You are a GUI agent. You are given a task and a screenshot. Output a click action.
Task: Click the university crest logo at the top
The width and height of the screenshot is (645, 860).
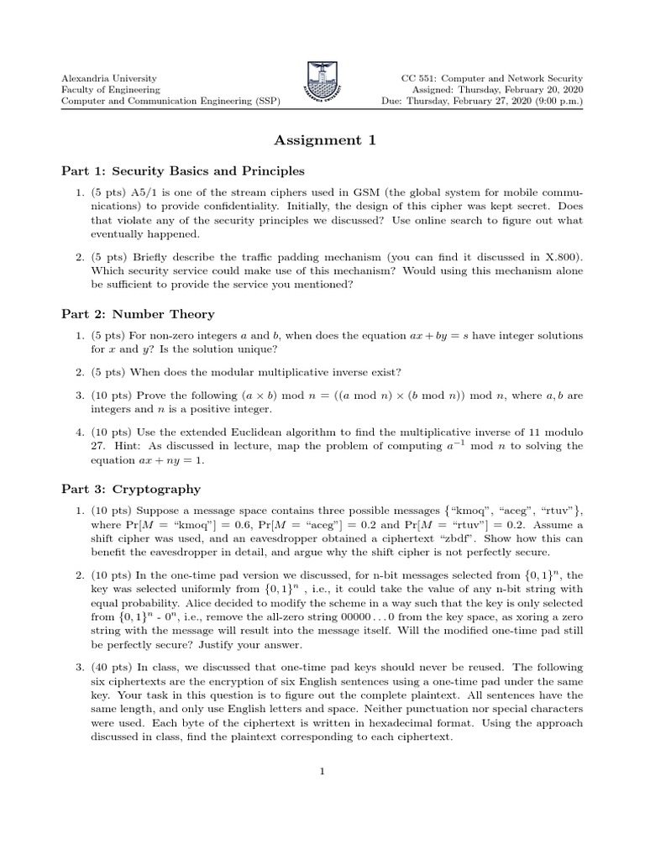pyautogui.click(x=322, y=80)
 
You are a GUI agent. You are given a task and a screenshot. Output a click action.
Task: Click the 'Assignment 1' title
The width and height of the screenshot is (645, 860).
pyautogui.click(x=322, y=140)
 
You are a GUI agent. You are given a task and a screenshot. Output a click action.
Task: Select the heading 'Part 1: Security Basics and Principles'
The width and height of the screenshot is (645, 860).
pyautogui.click(x=183, y=171)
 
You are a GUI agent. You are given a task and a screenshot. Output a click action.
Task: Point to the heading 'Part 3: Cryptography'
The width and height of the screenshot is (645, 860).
pyautogui.click(x=131, y=489)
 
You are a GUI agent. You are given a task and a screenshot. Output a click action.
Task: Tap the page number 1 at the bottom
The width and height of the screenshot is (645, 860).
pyautogui.click(x=322, y=775)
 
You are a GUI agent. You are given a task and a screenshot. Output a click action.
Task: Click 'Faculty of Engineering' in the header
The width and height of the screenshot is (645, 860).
pyautogui.click(x=111, y=89)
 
